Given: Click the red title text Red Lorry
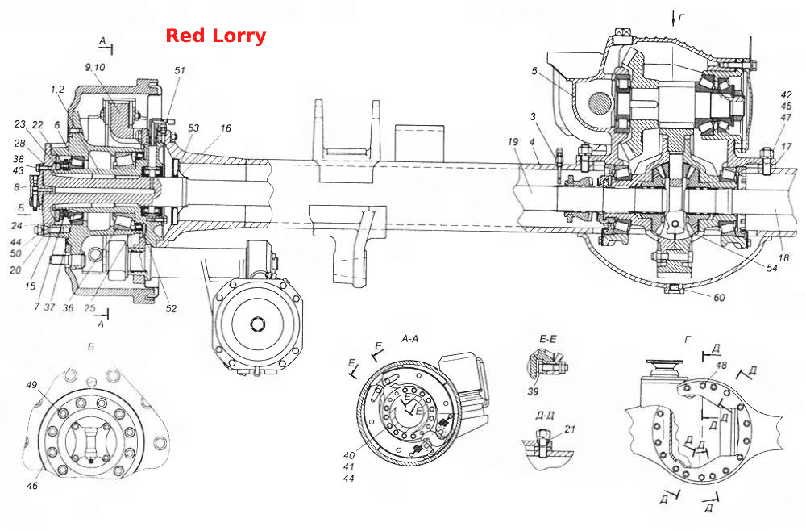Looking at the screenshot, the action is (215, 36).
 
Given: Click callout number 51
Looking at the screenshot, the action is (180, 70).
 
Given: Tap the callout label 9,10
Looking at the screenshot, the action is (95, 67).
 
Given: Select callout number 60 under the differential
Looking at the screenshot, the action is (719, 298).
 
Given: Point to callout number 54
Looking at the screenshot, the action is (771, 268).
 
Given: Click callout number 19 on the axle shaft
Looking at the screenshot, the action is (513, 141).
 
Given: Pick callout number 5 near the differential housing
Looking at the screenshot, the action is (534, 70).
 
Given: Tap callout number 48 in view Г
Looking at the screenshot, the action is (721, 365).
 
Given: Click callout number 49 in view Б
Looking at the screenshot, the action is (32, 385).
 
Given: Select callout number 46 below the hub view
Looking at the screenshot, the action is (32, 485).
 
